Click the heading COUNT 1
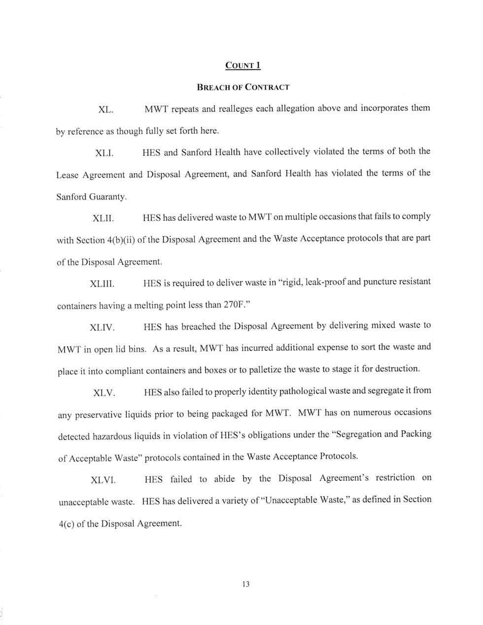pyautogui.click(x=242, y=65)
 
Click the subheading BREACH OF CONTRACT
pyautogui.click(x=243, y=87)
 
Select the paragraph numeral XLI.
pyautogui.click(x=104, y=153)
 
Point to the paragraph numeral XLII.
pyautogui.click(x=104, y=218)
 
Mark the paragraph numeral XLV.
pyautogui.click(x=104, y=393)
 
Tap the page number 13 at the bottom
pyautogui.click(x=246, y=585)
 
